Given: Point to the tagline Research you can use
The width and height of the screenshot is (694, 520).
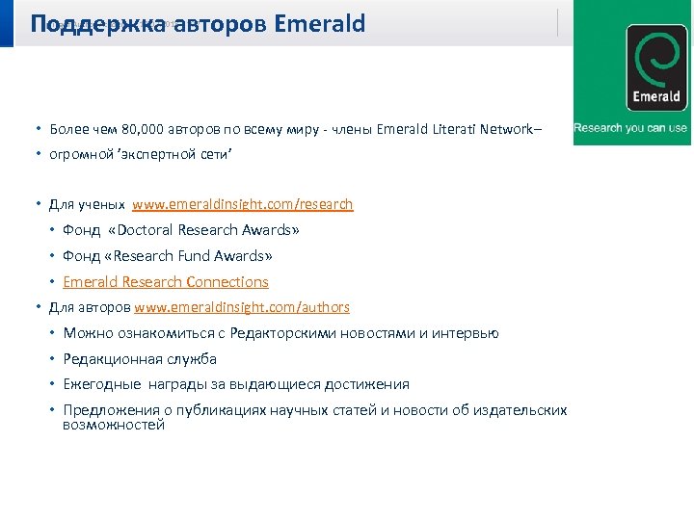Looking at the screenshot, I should pos(630,128).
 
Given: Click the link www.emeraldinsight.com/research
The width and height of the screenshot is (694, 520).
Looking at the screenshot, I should pos(243,204).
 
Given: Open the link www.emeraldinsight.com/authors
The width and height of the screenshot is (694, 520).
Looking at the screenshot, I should pos(242,307).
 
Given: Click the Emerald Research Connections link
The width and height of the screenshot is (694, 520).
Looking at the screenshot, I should pos(166,282).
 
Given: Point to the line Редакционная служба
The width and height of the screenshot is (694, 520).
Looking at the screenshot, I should pos(140,359).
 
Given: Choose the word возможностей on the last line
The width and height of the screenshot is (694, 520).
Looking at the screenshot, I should pos(114,425).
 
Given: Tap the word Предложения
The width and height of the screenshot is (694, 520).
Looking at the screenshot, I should pos(106,410).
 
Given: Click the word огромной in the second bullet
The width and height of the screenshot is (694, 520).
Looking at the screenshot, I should pos(76,154).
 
